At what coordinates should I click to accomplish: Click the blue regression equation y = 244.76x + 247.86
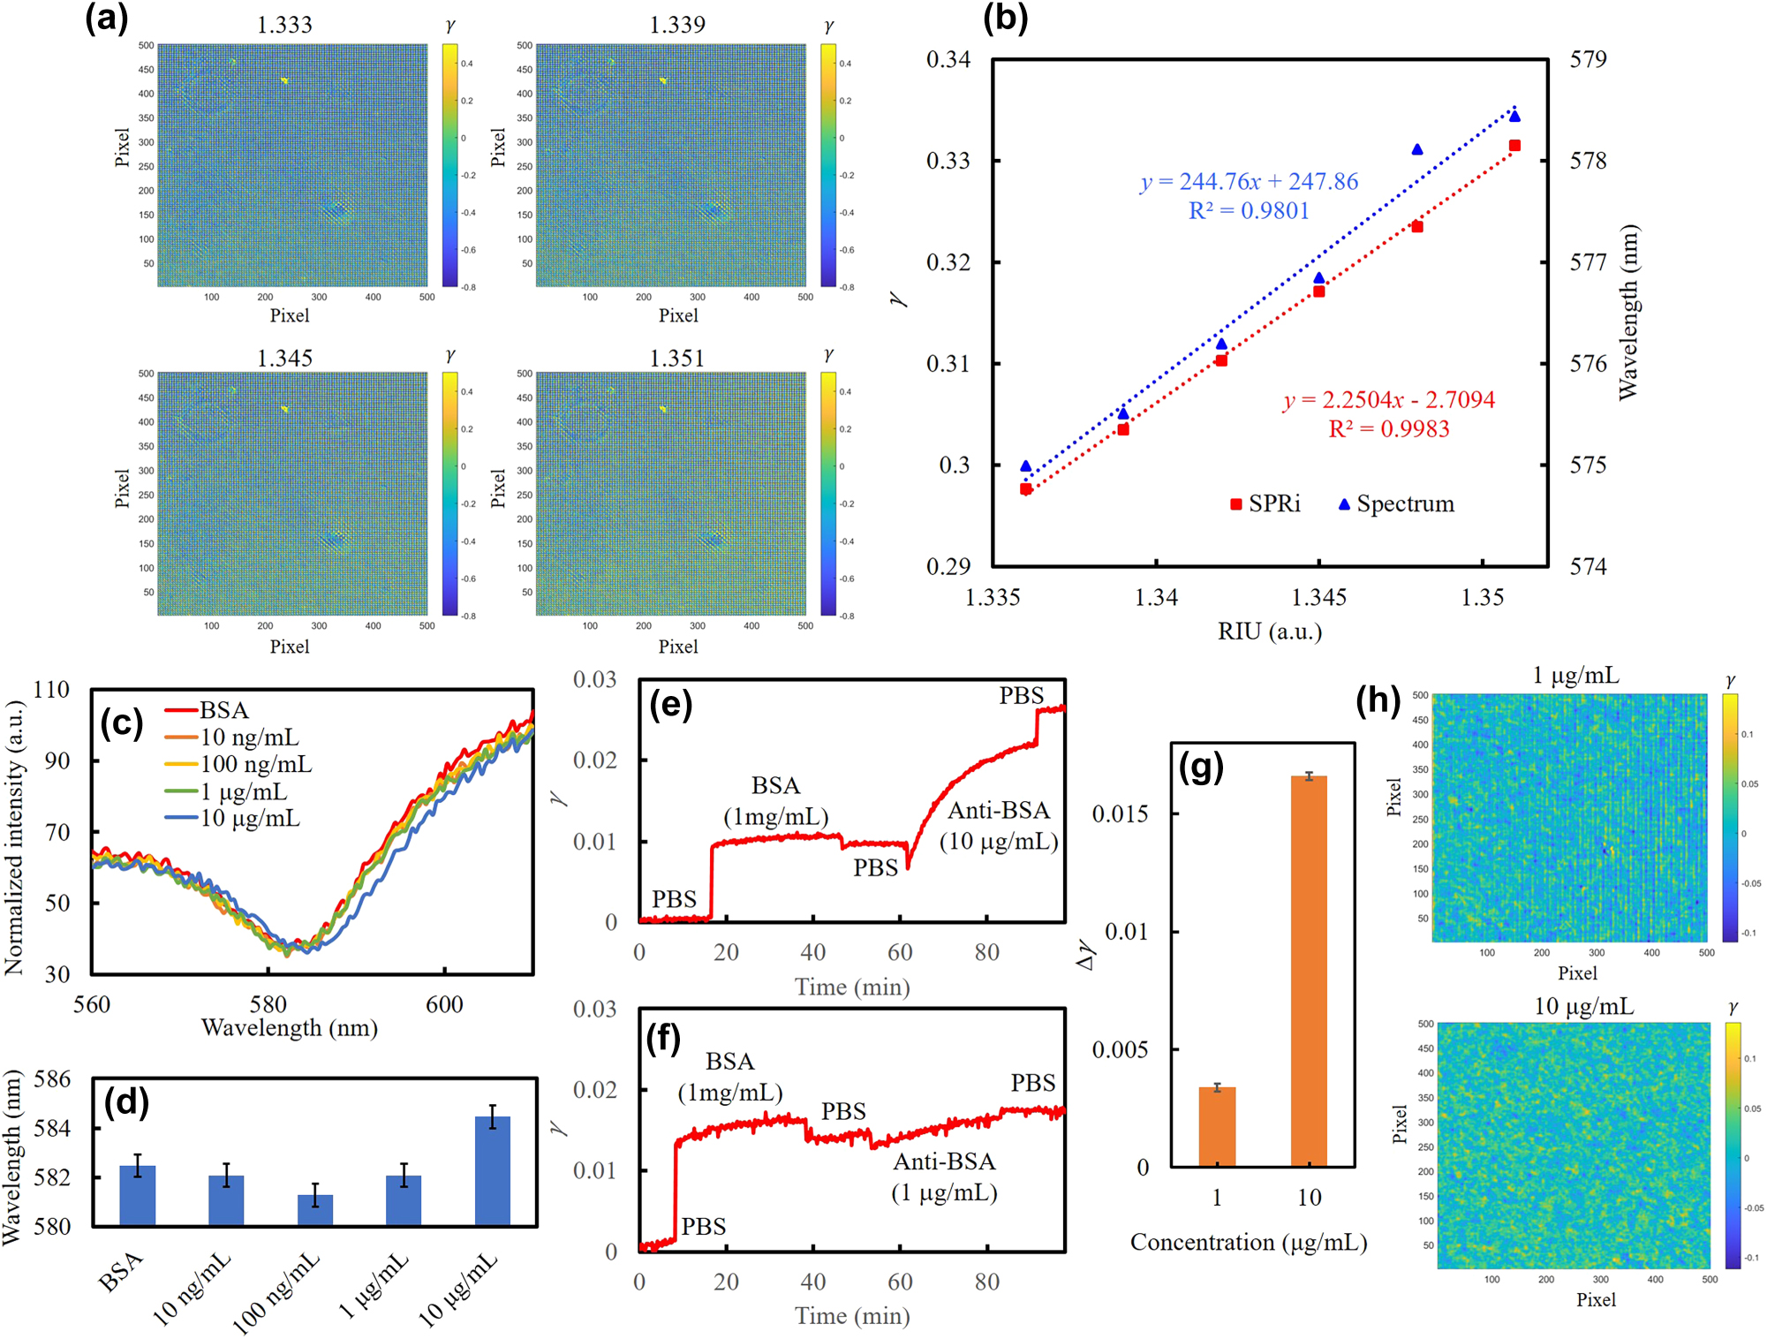tap(1249, 181)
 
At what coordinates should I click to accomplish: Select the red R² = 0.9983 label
tap(1388, 429)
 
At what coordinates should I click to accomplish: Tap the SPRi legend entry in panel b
tap(1265, 503)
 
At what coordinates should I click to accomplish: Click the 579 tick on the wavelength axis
tap(1588, 59)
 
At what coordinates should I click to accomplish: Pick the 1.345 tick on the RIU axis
tap(1318, 598)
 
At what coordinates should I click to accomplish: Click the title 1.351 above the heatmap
tap(676, 358)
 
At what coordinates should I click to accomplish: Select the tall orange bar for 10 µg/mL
tap(1309, 972)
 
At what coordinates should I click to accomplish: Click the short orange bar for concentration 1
tap(1217, 1127)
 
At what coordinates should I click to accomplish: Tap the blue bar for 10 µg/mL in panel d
tap(492, 1171)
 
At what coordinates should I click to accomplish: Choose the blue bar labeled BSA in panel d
tap(138, 1195)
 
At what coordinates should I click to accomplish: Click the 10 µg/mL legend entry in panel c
tap(234, 819)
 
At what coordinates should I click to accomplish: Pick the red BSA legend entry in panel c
tap(208, 710)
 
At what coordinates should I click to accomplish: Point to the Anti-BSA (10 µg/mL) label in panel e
tap(998, 826)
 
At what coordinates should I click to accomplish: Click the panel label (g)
tap(1200, 768)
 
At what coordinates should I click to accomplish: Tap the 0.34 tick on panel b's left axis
tap(948, 59)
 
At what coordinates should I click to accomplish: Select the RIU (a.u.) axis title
tap(1269, 632)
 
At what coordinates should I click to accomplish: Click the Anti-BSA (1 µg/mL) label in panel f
tap(943, 1177)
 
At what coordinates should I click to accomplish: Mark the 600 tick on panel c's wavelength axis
tap(443, 1004)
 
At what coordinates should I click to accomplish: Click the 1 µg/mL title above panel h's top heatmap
tap(1575, 676)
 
